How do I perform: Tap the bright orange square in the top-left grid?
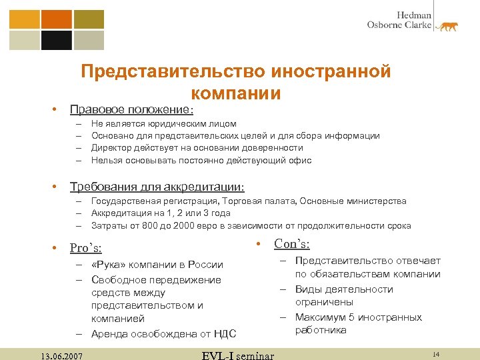56,18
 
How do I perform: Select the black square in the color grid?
56,41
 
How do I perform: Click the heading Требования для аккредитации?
157,186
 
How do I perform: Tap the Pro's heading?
86,248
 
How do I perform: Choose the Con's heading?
291,244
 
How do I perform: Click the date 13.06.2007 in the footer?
61,355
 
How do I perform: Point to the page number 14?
436,353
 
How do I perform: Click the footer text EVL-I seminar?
237,355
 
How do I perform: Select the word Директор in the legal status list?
111,148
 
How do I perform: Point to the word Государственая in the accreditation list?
125,201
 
